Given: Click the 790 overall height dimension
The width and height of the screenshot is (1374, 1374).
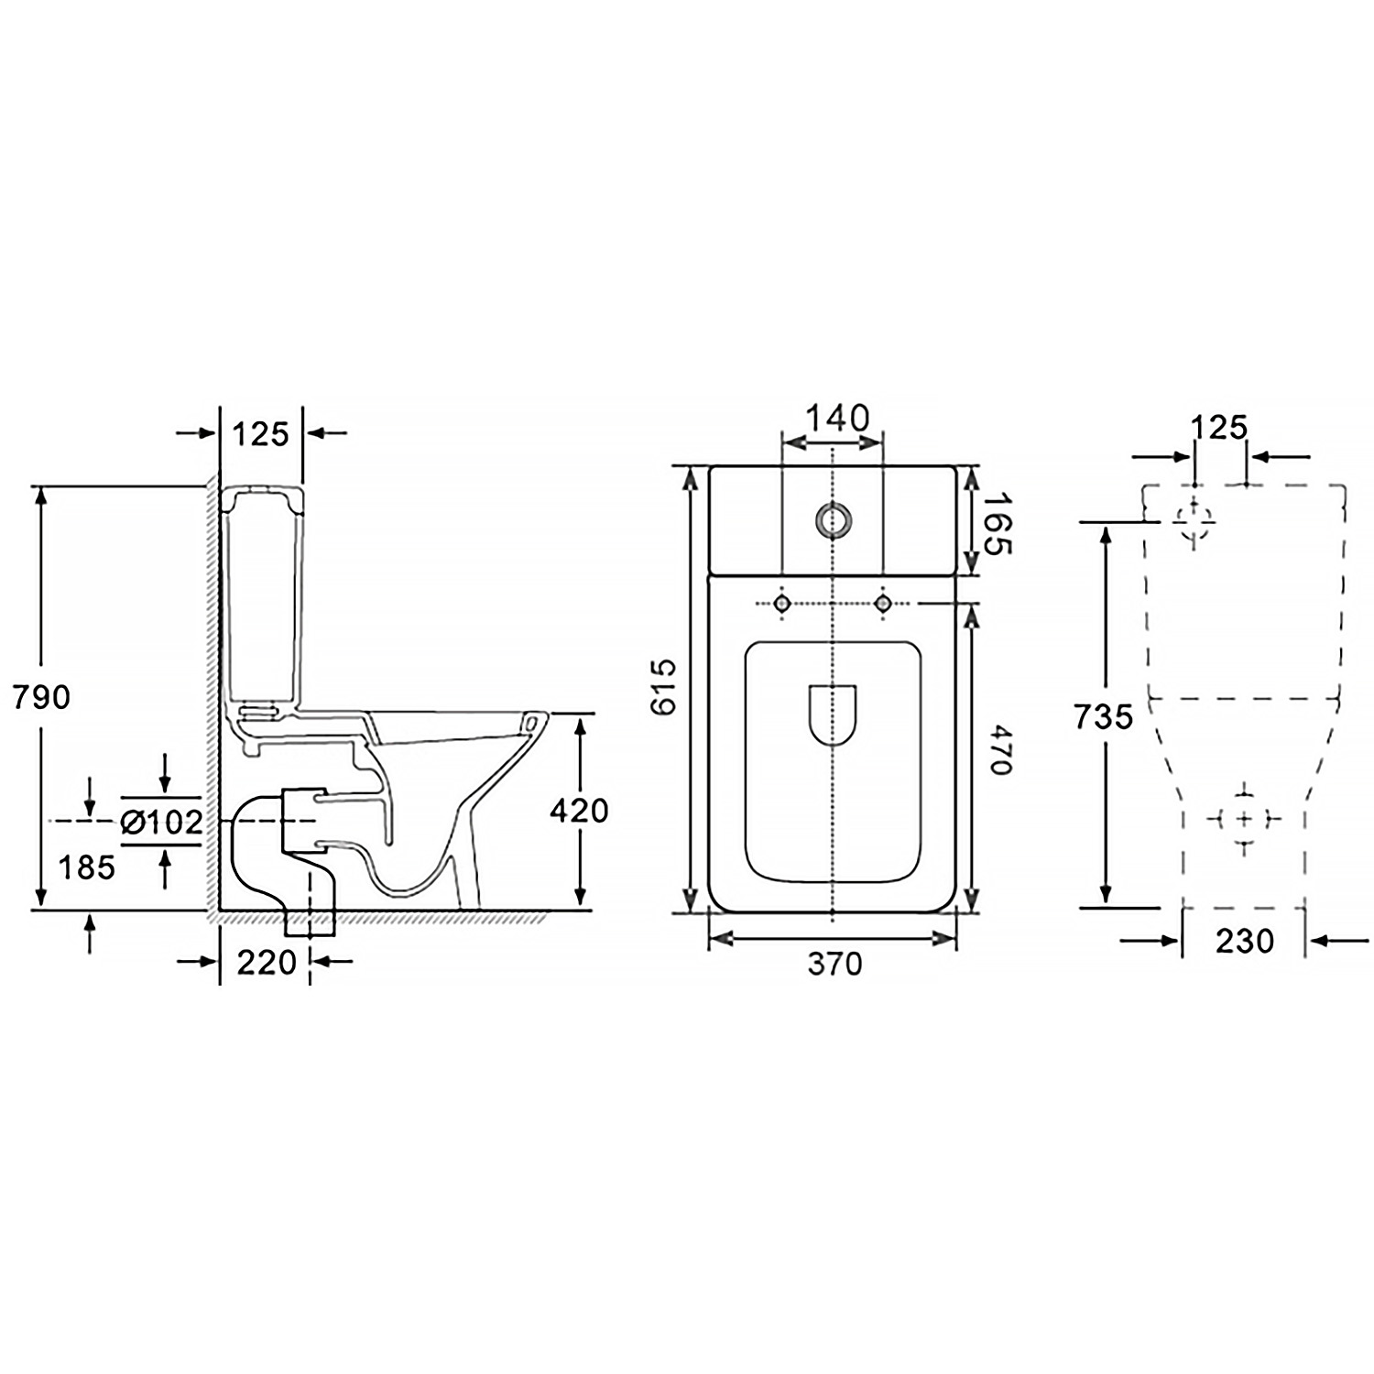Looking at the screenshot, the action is click(41, 698).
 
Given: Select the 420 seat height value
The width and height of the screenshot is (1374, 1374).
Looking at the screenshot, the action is click(580, 811).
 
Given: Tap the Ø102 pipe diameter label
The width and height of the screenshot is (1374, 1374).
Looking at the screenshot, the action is click(161, 823).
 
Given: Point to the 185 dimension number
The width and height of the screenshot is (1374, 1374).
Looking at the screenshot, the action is click(87, 867).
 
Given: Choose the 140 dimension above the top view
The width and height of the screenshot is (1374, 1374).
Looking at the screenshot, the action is click(836, 419).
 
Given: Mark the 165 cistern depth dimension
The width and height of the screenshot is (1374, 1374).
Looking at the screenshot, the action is click(998, 523).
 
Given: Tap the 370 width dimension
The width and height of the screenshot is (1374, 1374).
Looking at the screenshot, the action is click(835, 964).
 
